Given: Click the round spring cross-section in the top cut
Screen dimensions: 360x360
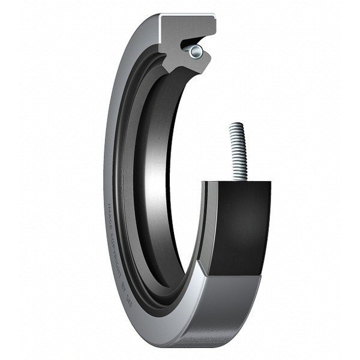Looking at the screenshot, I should click(x=196, y=52).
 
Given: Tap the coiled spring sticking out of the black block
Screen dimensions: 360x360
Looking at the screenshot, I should click(x=238, y=153).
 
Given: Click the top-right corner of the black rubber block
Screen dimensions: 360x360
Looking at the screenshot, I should click(x=271, y=182).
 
